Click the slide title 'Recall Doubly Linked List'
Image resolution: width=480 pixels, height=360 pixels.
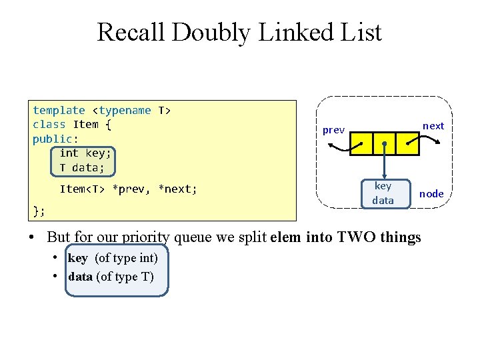[239, 32]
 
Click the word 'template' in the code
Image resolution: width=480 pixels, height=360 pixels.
[59, 111]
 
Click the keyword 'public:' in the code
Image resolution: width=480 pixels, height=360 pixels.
[55, 139]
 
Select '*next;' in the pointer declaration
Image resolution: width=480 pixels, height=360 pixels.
[177, 189]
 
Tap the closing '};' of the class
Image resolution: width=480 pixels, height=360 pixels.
[39, 211]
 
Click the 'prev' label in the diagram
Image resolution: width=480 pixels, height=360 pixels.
[333, 130]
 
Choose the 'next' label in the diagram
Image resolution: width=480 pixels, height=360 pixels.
[433, 125]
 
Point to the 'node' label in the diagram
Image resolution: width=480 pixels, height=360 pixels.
[431, 194]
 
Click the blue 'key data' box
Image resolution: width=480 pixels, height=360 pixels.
[383, 193]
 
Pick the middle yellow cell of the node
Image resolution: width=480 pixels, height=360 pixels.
[384, 143]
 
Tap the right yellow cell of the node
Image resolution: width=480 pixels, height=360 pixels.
[407, 143]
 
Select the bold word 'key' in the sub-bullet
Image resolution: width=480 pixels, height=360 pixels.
[77, 258]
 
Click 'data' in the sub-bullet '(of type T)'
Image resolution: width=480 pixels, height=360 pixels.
[80, 277]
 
